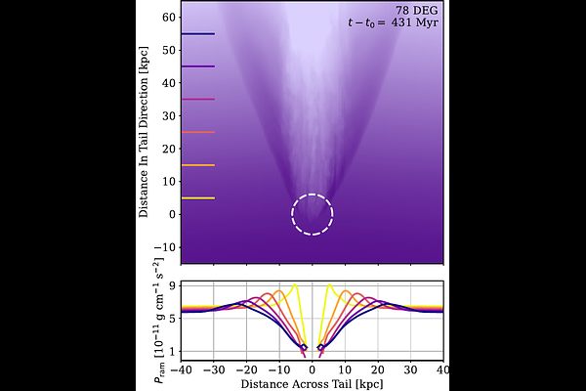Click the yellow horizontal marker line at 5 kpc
[x=198, y=197]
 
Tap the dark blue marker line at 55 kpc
[x=198, y=34]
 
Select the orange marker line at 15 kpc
[x=198, y=165]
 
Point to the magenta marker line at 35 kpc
[x=198, y=99]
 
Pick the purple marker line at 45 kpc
[x=198, y=66]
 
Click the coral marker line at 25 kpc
[x=198, y=132]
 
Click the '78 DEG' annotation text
[x=417, y=11]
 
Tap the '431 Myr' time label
[x=415, y=22]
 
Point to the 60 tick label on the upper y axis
[x=169, y=18]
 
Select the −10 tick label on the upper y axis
[x=166, y=247]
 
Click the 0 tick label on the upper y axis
[x=172, y=214]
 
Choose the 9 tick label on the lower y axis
[x=173, y=285]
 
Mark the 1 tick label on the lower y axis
[x=173, y=351]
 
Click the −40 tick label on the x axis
[x=181, y=370]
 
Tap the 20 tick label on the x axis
[x=378, y=370]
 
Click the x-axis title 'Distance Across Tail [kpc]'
[x=313, y=384]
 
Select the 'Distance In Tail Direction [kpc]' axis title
[x=144, y=132]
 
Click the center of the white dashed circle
[x=313, y=214]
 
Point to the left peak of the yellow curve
[x=295, y=284]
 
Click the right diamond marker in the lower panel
[x=320, y=348]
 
